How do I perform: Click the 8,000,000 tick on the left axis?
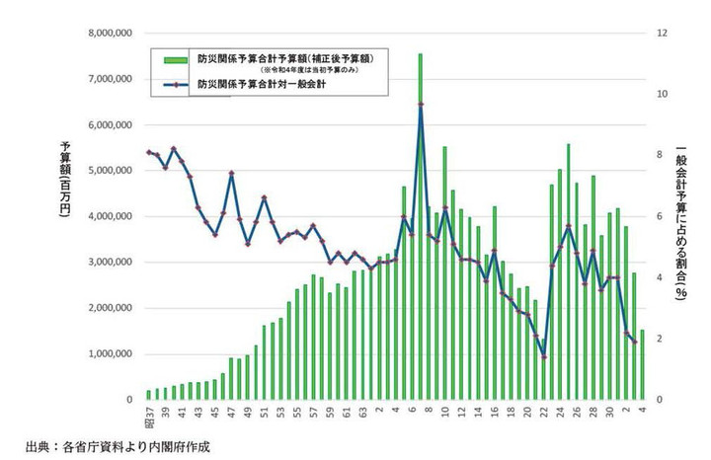[112, 33]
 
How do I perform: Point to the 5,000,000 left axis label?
[112, 170]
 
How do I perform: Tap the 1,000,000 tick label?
[112, 353]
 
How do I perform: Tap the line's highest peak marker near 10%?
[421, 105]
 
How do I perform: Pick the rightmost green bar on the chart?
[642, 364]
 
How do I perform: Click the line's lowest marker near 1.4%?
[544, 356]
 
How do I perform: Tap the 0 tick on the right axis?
[660, 400]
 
